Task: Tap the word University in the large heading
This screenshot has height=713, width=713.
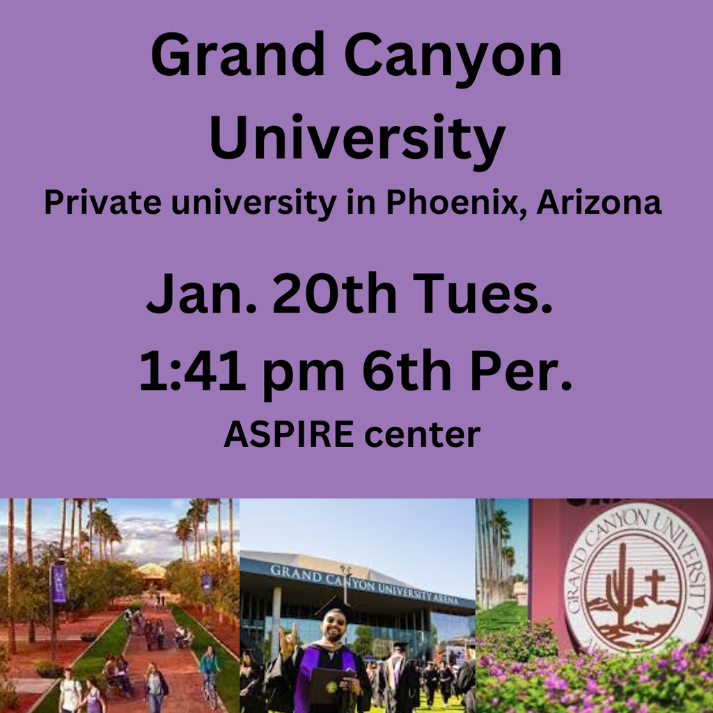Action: [356, 136]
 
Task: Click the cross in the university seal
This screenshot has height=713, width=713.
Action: [654, 583]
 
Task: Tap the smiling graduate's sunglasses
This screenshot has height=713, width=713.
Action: [334, 620]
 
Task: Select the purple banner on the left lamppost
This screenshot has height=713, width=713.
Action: [59, 582]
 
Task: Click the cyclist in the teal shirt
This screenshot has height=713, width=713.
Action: [208, 665]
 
